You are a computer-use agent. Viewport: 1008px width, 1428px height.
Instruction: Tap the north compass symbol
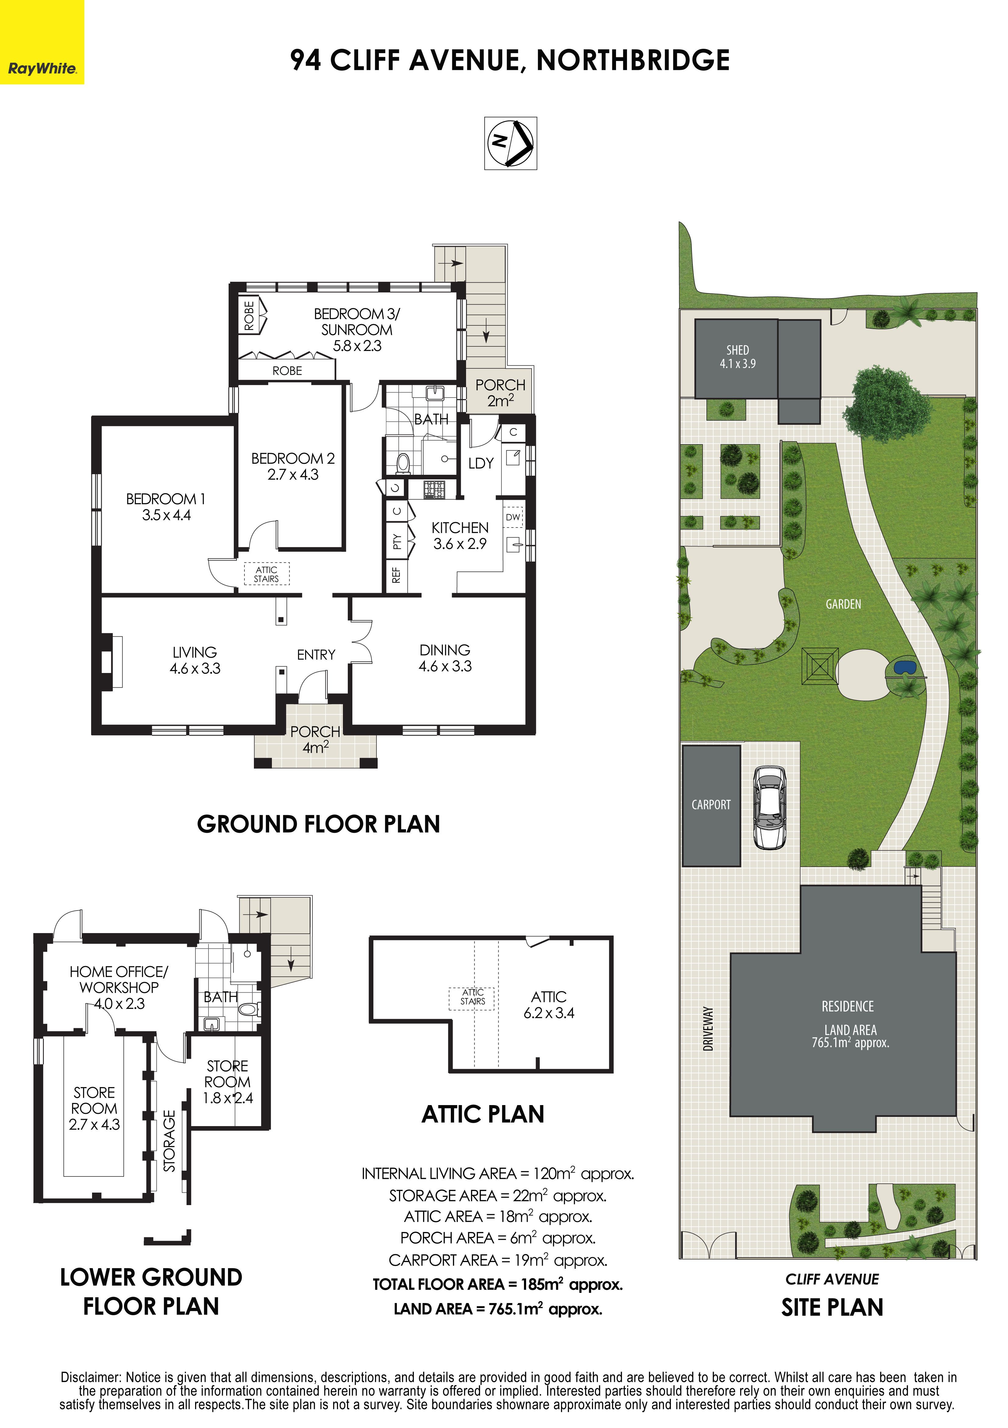[x=511, y=143]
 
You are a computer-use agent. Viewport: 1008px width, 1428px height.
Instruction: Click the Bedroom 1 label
[x=166, y=506]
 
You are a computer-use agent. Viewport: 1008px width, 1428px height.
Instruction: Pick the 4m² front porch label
[x=315, y=739]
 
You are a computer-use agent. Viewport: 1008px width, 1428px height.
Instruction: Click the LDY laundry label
[x=481, y=463]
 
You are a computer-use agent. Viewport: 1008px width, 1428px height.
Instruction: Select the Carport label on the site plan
[x=711, y=805]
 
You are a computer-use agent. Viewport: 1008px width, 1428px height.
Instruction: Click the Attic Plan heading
[x=483, y=1114]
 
